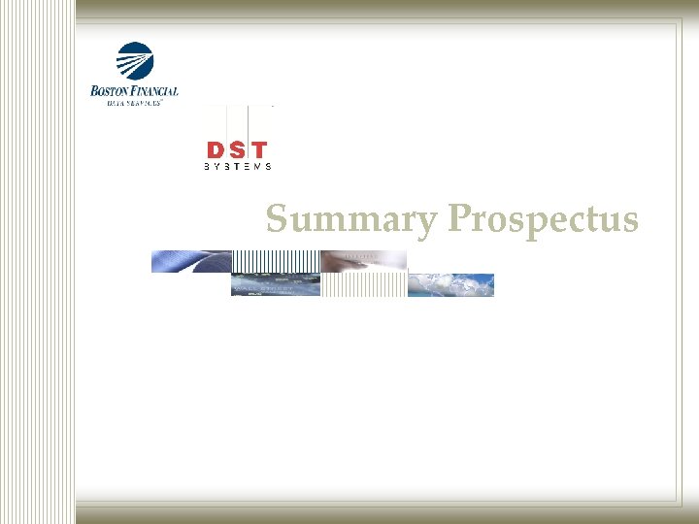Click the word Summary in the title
coord(351,220)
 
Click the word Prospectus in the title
coord(543,220)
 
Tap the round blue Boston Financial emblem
coord(135,61)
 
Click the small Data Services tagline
coord(135,101)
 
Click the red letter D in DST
coord(216,150)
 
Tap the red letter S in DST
coord(237,150)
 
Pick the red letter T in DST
coord(259,150)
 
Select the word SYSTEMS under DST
coord(237,167)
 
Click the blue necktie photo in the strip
coord(190,261)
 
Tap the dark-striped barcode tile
coord(276,261)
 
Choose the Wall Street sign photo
coord(276,284)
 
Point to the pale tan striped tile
coord(364,284)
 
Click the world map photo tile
coord(450,284)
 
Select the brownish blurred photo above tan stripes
coord(364,261)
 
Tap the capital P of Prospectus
coord(457,220)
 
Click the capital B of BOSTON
coord(94,91)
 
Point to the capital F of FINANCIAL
coord(134,91)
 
